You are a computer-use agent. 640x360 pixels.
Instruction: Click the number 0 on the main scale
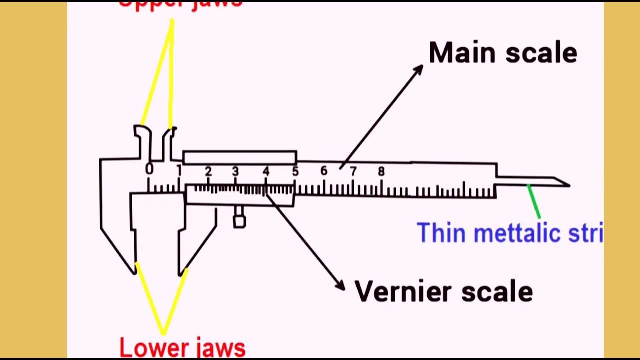(x=149, y=169)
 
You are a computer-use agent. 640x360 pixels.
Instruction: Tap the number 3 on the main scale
(x=235, y=171)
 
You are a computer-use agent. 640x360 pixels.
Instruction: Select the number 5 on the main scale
(x=295, y=172)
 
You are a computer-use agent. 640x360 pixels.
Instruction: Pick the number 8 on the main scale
(x=381, y=172)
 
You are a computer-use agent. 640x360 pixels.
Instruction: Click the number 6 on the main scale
(x=324, y=171)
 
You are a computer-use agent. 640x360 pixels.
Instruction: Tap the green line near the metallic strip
(x=534, y=201)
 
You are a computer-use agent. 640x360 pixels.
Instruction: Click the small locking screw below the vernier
(x=239, y=220)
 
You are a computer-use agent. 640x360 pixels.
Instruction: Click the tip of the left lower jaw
(x=134, y=272)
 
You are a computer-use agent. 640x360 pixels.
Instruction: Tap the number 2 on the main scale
(x=208, y=171)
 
